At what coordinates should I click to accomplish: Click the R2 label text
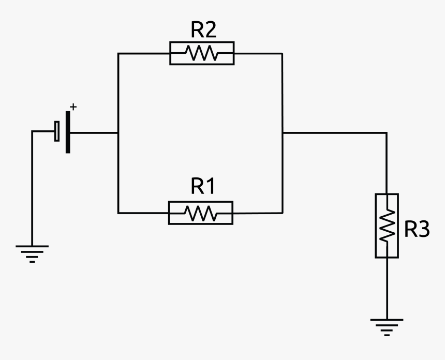[x=203, y=31]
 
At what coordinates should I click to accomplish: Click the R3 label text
[x=417, y=230]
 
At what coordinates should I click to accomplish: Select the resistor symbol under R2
[x=202, y=53]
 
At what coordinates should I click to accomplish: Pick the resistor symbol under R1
[x=201, y=213]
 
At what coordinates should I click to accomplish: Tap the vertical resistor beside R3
[x=387, y=226]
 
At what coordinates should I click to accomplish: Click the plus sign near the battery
[x=73, y=107]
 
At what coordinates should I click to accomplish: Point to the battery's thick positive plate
[x=68, y=132]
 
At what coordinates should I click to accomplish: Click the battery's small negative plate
[x=57, y=131]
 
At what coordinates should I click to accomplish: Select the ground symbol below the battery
[x=32, y=252]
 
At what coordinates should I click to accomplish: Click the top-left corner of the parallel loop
[x=118, y=53]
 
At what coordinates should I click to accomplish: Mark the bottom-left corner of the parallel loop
[x=118, y=213]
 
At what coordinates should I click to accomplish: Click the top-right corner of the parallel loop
[x=283, y=53]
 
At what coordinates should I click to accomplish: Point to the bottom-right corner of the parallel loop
[x=283, y=213]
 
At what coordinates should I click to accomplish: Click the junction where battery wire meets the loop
[x=118, y=132]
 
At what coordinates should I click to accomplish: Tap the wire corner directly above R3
[x=387, y=133]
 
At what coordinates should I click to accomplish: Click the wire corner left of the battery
[x=32, y=131]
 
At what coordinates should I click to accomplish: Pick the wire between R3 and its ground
[x=387, y=287]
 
